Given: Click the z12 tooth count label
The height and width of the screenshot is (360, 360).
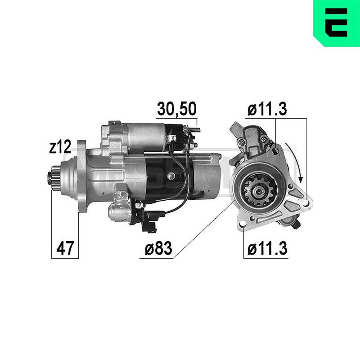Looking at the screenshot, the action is [60, 147].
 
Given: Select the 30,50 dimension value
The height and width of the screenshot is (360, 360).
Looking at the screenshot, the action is [177, 109].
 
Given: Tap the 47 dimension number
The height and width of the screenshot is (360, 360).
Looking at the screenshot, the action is [65, 248].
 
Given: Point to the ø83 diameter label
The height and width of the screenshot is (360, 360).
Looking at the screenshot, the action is [158, 248].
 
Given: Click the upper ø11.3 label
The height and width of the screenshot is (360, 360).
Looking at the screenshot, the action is [267, 109].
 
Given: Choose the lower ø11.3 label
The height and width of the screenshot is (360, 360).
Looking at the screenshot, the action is [267, 248].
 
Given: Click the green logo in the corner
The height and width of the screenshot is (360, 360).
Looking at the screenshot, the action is [337, 23].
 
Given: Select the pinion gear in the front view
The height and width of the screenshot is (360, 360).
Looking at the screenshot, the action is [258, 189].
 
